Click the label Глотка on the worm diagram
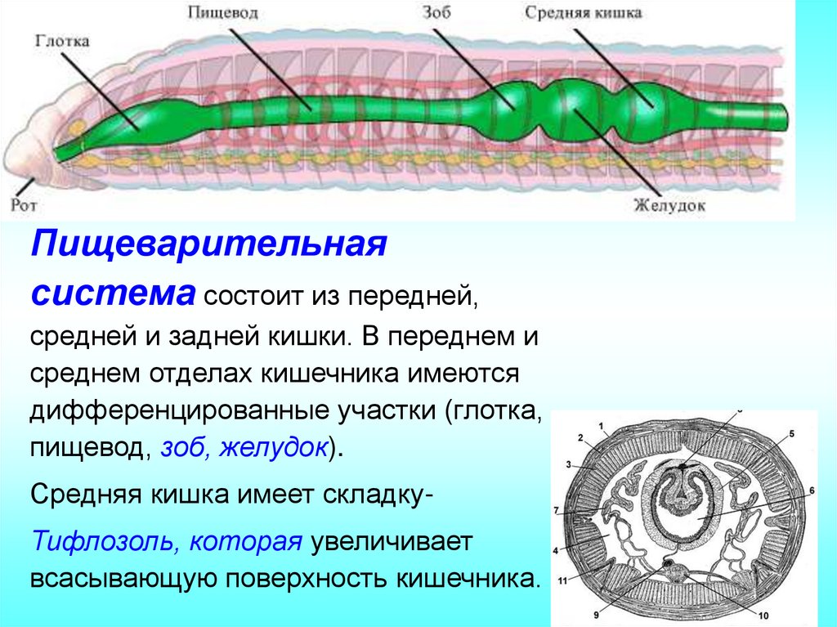[x=63, y=40]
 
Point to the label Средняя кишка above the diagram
[x=584, y=12]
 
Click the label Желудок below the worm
[x=669, y=206]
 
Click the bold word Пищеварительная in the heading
[x=208, y=244]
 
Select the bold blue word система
[x=113, y=292]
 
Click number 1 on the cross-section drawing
[x=601, y=426]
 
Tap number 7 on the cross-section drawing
[x=557, y=511]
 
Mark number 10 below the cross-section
[x=764, y=616]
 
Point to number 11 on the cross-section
[x=563, y=581]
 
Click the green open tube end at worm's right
[x=784, y=115]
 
